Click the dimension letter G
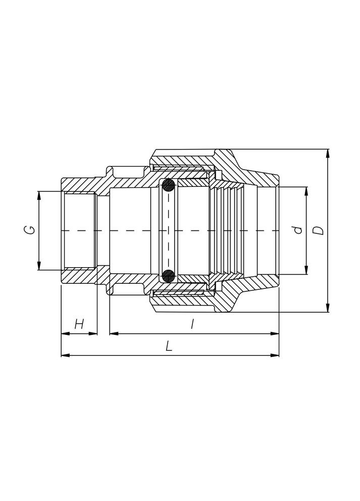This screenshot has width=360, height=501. click(x=31, y=230)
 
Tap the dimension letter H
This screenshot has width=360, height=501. click(x=79, y=324)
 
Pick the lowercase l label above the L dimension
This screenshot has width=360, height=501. click(x=192, y=324)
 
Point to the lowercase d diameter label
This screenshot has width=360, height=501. click(x=298, y=230)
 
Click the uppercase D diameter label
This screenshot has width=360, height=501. click(x=319, y=230)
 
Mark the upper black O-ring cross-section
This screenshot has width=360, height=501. click(x=168, y=186)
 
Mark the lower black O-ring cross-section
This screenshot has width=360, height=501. click(x=168, y=275)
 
